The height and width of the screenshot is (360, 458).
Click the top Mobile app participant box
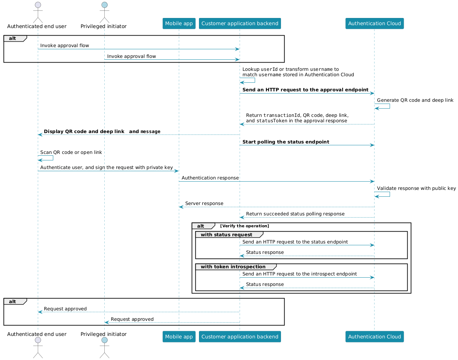coord(179,23)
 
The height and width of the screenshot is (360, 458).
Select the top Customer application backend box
coord(240,23)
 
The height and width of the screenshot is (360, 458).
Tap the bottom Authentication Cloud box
coord(375,336)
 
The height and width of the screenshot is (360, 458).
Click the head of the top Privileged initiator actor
coord(104,5)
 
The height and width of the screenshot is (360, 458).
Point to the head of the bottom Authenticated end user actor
coord(38,340)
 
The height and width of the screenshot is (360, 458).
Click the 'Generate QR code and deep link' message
coord(415,100)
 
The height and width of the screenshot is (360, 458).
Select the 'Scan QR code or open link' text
coord(71,152)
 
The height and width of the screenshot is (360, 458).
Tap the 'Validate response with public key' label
coord(416,188)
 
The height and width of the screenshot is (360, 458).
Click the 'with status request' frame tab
coord(229,234)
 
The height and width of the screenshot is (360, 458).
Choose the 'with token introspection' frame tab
coord(236,266)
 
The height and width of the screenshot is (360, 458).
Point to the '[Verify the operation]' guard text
coord(245,226)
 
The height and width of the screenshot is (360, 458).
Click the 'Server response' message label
coord(204,204)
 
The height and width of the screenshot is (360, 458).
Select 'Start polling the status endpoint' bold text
coord(286,142)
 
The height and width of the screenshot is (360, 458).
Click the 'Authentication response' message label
coord(210,178)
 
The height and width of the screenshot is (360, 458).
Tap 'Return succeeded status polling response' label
coord(295,214)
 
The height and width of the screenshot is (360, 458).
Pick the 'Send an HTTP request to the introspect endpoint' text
coord(299,274)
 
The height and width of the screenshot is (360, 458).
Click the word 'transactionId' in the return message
coord(282,115)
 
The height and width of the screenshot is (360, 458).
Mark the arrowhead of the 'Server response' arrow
coord(181,207)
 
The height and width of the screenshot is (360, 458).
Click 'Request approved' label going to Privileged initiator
coord(132,319)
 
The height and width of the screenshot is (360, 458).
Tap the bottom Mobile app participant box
coord(179,336)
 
